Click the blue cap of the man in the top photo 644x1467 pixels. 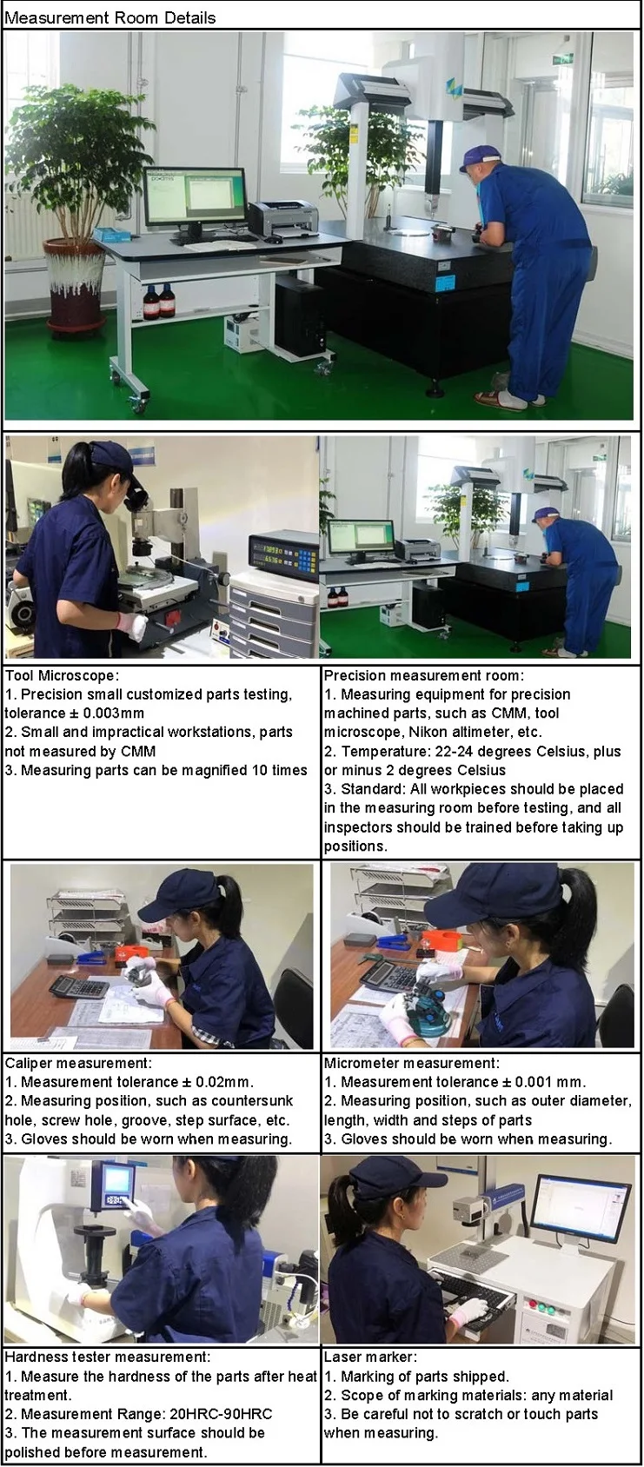coord(479,157)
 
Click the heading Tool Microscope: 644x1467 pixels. coord(63,675)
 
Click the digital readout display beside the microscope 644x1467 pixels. coord(280,557)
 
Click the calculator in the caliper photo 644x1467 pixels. coord(79,986)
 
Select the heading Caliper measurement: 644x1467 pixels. coord(78,1063)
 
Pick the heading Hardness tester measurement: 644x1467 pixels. coord(107,1357)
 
